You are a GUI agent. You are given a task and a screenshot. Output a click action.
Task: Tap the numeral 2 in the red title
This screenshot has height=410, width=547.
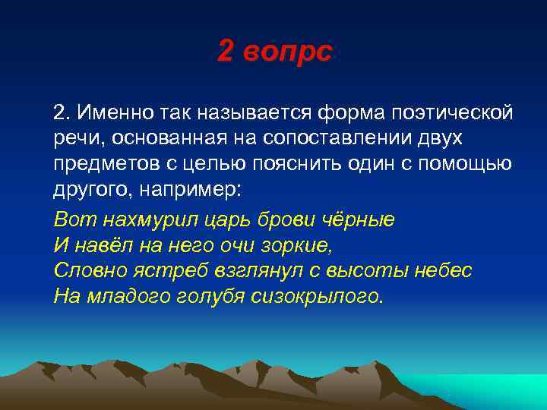(226, 52)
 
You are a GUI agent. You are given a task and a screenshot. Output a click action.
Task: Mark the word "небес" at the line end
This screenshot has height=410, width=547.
(447, 271)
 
